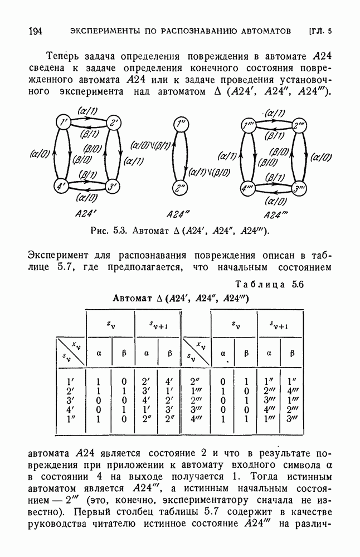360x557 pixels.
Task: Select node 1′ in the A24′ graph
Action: (x=65, y=123)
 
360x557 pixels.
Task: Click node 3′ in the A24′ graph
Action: (x=113, y=186)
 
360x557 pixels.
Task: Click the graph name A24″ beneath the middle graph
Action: (x=179, y=213)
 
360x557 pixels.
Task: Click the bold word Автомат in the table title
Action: (x=132, y=298)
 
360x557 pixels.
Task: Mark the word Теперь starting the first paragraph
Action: (x=66, y=56)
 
